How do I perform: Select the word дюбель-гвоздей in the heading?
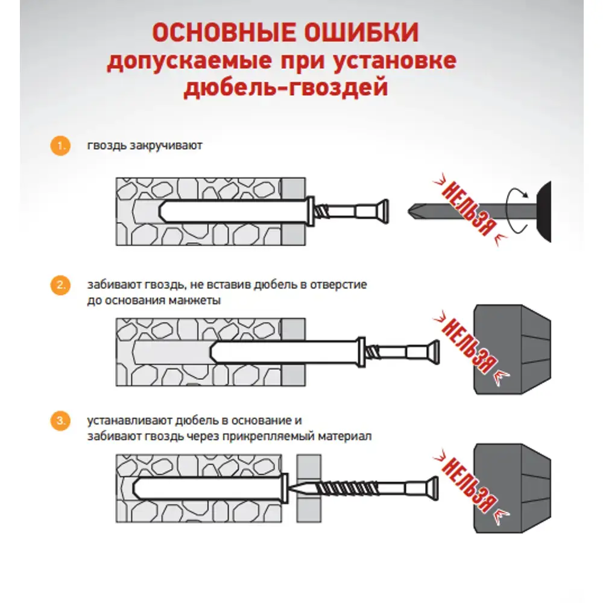click(x=285, y=89)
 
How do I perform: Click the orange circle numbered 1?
click(x=59, y=147)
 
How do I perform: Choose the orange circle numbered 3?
click(x=59, y=421)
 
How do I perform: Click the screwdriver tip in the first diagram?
click(x=412, y=211)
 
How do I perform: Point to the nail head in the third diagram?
click(x=432, y=487)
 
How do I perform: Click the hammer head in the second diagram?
click(x=513, y=350)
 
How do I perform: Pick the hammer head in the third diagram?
click(x=513, y=487)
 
